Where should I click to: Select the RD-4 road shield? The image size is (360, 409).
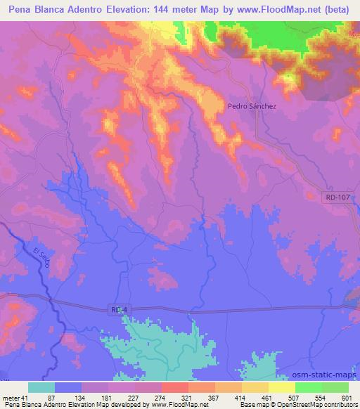coord(120,309)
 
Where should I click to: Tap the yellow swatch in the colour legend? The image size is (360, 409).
coord(282,387)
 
